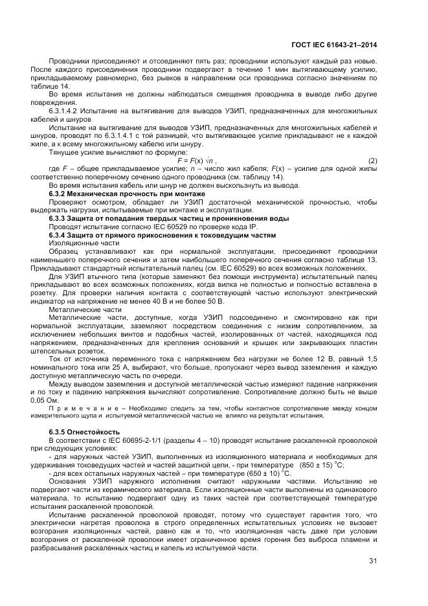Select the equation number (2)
372,161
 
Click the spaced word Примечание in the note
75,409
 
